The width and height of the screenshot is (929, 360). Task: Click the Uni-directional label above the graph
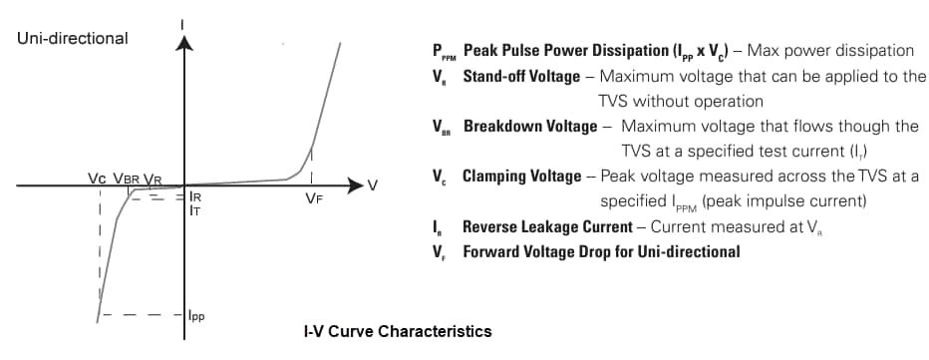point(72,39)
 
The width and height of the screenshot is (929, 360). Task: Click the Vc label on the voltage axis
point(97,179)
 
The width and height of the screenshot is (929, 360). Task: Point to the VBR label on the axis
point(127,179)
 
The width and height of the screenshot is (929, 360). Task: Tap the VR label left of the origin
point(153,179)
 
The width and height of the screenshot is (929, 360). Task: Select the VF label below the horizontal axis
point(312,197)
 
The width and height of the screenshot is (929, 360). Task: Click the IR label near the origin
point(195,197)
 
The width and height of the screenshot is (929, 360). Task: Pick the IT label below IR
point(195,211)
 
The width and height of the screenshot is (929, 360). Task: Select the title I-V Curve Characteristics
point(397,330)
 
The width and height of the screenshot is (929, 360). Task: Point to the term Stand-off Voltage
point(520,76)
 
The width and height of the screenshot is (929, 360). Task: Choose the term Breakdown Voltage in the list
point(529,127)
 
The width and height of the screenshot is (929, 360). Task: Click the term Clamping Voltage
point(521,177)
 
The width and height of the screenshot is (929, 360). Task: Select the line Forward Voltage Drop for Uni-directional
point(601,251)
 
